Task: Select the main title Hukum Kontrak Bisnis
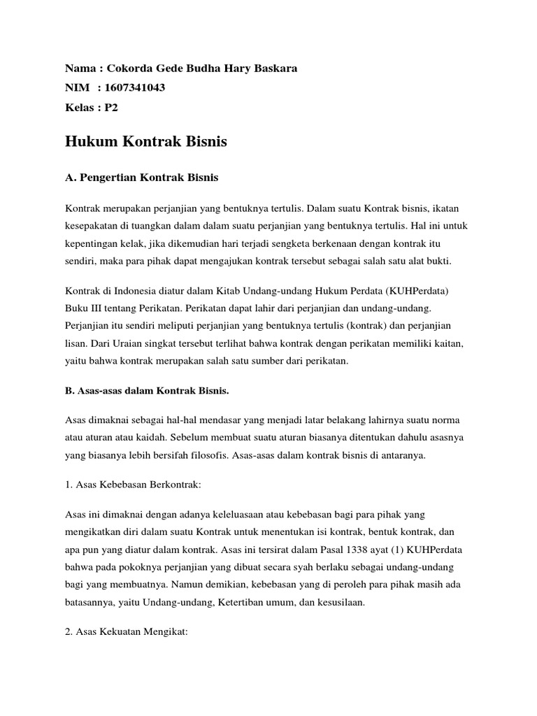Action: tap(146, 142)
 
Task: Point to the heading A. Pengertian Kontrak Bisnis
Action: tap(141, 178)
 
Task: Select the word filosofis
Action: tap(224, 455)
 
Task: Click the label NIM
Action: tap(78, 87)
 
